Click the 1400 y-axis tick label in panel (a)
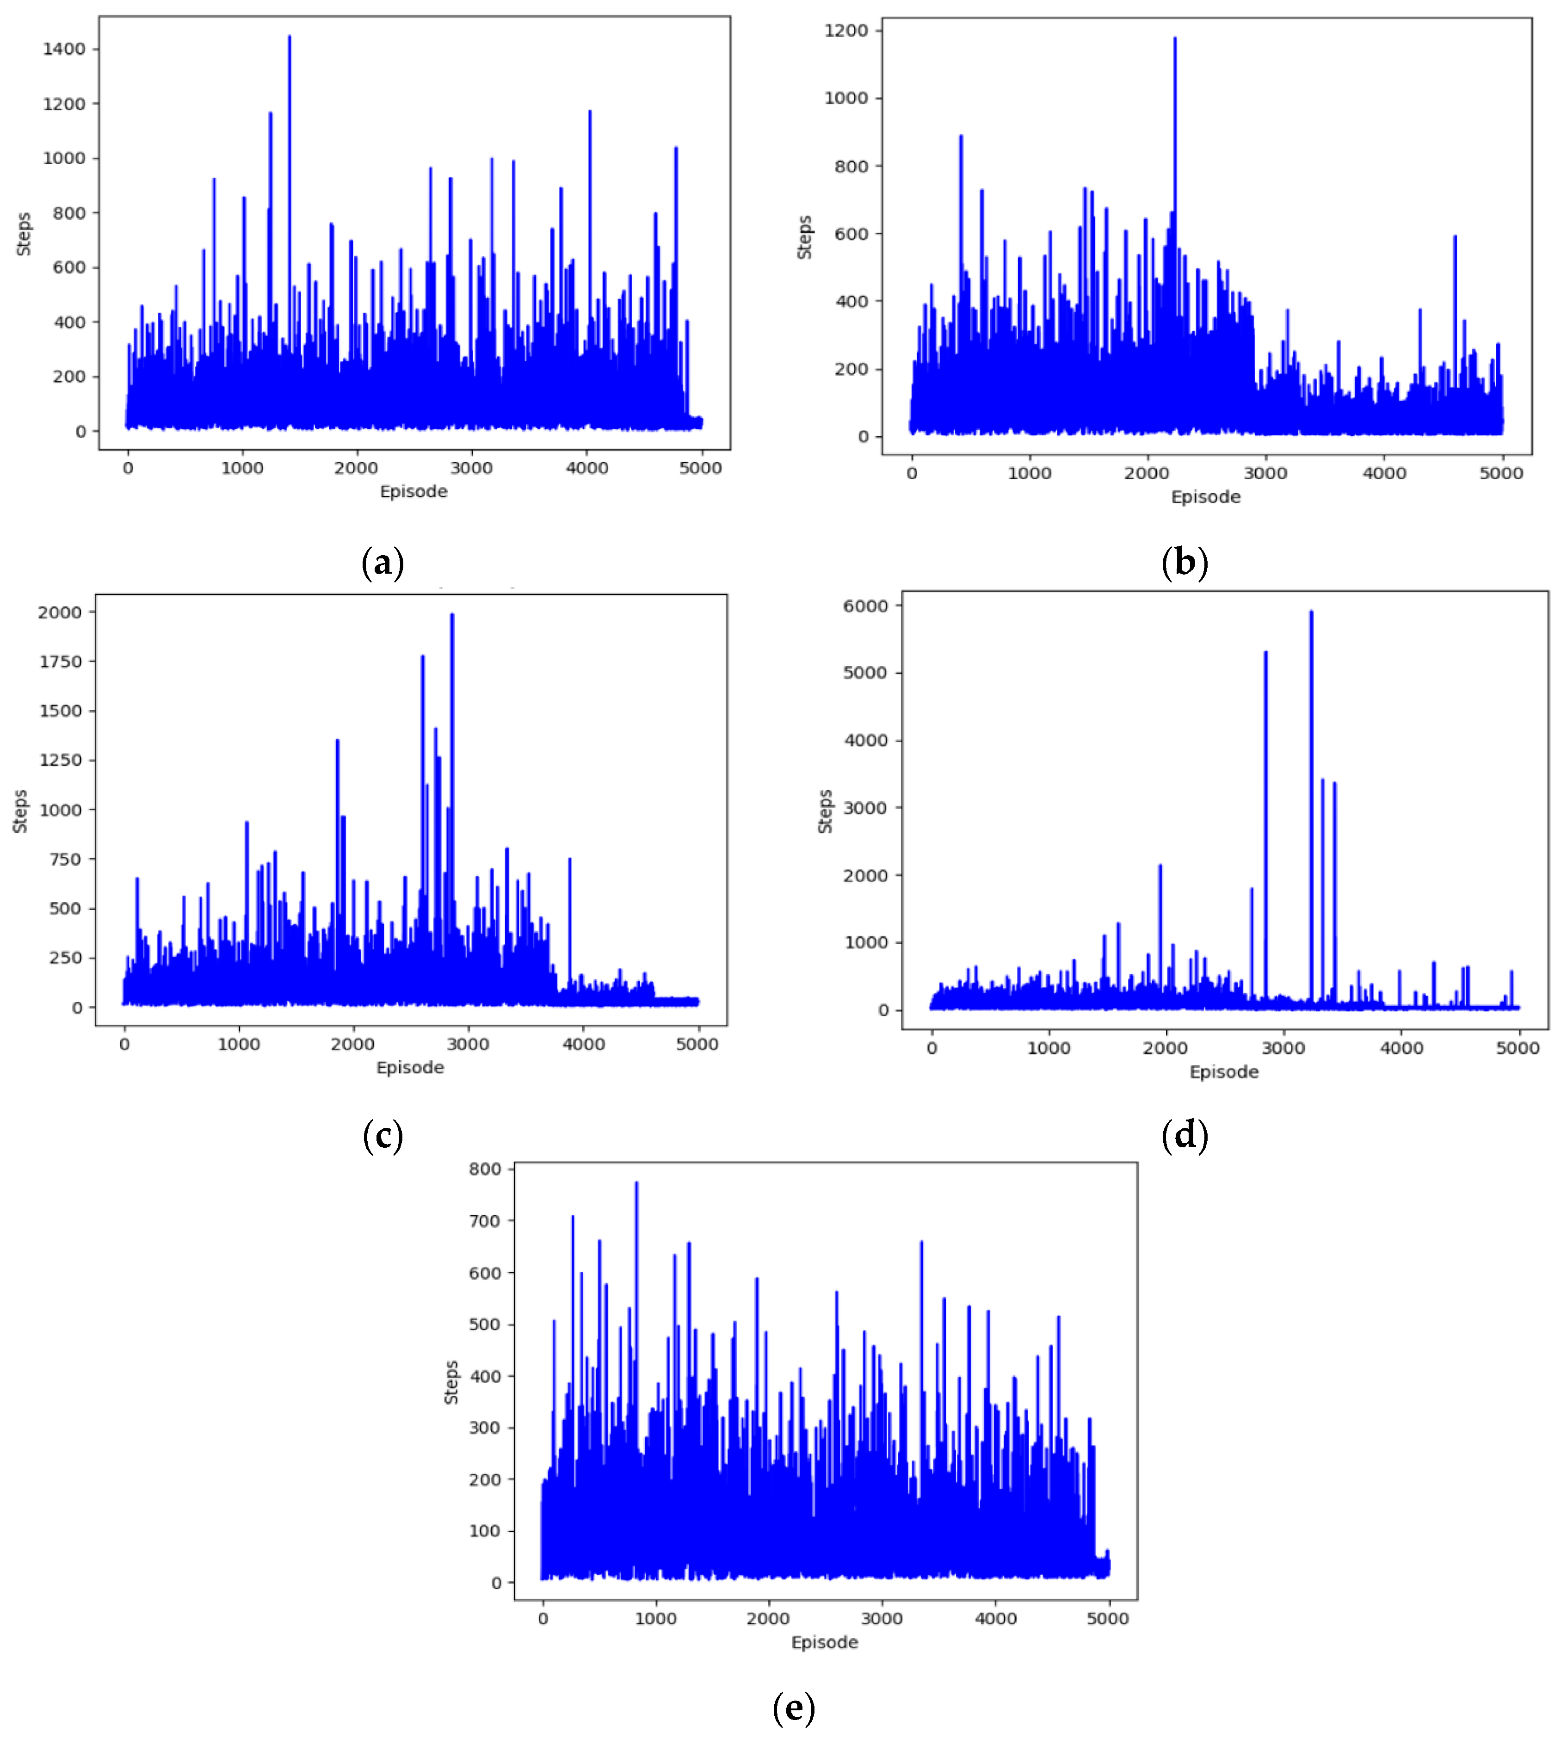65,49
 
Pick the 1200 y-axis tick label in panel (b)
846,31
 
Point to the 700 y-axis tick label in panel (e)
485,1220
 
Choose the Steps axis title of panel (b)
804,238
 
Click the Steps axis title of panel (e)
451,1382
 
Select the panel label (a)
382,563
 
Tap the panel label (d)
1185,1136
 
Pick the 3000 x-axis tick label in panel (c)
468,1045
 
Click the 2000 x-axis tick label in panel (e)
768,1618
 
